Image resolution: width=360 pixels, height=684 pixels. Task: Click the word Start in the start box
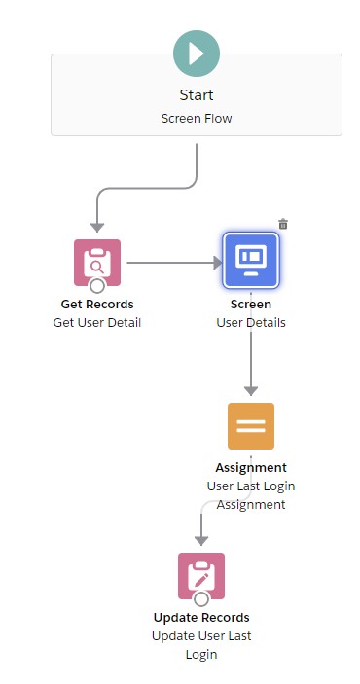click(x=197, y=95)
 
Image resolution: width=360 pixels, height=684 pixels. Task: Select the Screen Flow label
click(x=197, y=118)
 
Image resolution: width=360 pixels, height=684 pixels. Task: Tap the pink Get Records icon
click(x=97, y=262)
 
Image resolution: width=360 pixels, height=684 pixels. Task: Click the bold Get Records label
click(x=97, y=304)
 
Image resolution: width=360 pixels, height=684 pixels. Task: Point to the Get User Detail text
click(x=97, y=322)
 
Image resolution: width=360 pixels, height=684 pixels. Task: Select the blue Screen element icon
click(x=251, y=262)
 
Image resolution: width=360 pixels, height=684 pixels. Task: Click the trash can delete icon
click(x=283, y=224)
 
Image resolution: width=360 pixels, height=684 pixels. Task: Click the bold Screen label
click(x=251, y=304)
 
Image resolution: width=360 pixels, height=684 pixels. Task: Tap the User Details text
click(x=251, y=322)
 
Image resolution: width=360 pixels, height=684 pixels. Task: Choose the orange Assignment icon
click(x=251, y=425)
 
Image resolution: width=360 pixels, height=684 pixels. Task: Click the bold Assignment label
click(x=251, y=467)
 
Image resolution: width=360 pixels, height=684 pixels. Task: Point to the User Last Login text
click(x=251, y=486)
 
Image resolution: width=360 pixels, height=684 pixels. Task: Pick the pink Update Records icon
click(x=201, y=575)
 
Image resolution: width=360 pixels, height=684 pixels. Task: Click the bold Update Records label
click(x=201, y=617)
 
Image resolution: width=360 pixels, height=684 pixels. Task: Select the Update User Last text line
click(x=201, y=635)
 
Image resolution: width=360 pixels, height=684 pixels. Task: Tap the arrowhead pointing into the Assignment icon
click(x=251, y=390)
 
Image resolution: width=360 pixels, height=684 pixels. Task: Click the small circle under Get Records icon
click(x=97, y=286)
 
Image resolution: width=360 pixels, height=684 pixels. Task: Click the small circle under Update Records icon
click(x=201, y=599)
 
